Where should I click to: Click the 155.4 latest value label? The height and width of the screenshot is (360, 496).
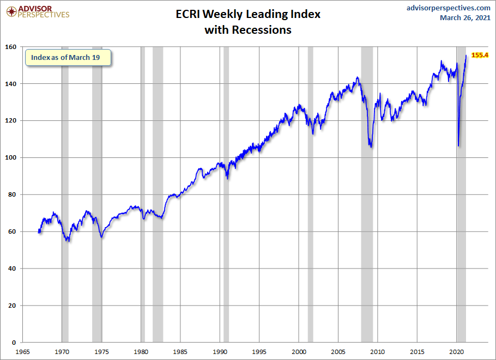pos(480,55)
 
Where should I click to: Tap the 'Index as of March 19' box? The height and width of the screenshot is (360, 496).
pos(68,58)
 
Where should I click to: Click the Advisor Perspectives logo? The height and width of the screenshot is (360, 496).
pos(38,12)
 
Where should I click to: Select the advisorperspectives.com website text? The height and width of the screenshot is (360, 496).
pos(448,8)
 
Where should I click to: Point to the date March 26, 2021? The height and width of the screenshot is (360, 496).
pos(465,17)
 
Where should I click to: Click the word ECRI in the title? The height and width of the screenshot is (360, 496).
pos(187,14)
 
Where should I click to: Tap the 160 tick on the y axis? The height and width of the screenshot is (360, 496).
pos(11,47)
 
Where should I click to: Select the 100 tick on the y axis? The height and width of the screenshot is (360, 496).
pos(11,157)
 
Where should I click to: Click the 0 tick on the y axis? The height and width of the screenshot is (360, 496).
pos(14,343)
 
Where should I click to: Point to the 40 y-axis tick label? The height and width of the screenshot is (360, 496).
pos(12,269)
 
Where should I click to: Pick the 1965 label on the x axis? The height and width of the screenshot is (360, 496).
pos(22,352)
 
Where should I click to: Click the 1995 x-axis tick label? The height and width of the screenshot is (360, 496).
pos(259,352)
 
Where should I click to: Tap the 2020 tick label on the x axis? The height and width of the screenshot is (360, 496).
pos(456,352)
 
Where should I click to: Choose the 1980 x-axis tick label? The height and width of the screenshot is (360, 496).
pos(141,352)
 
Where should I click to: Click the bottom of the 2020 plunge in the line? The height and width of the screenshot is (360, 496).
pos(458,146)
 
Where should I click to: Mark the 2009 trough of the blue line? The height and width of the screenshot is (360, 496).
pos(371,147)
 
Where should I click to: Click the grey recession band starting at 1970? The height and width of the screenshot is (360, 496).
pos(65,194)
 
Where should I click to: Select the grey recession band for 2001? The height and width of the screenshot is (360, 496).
pos(310,194)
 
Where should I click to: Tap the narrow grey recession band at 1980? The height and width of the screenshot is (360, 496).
pos(143,194)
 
